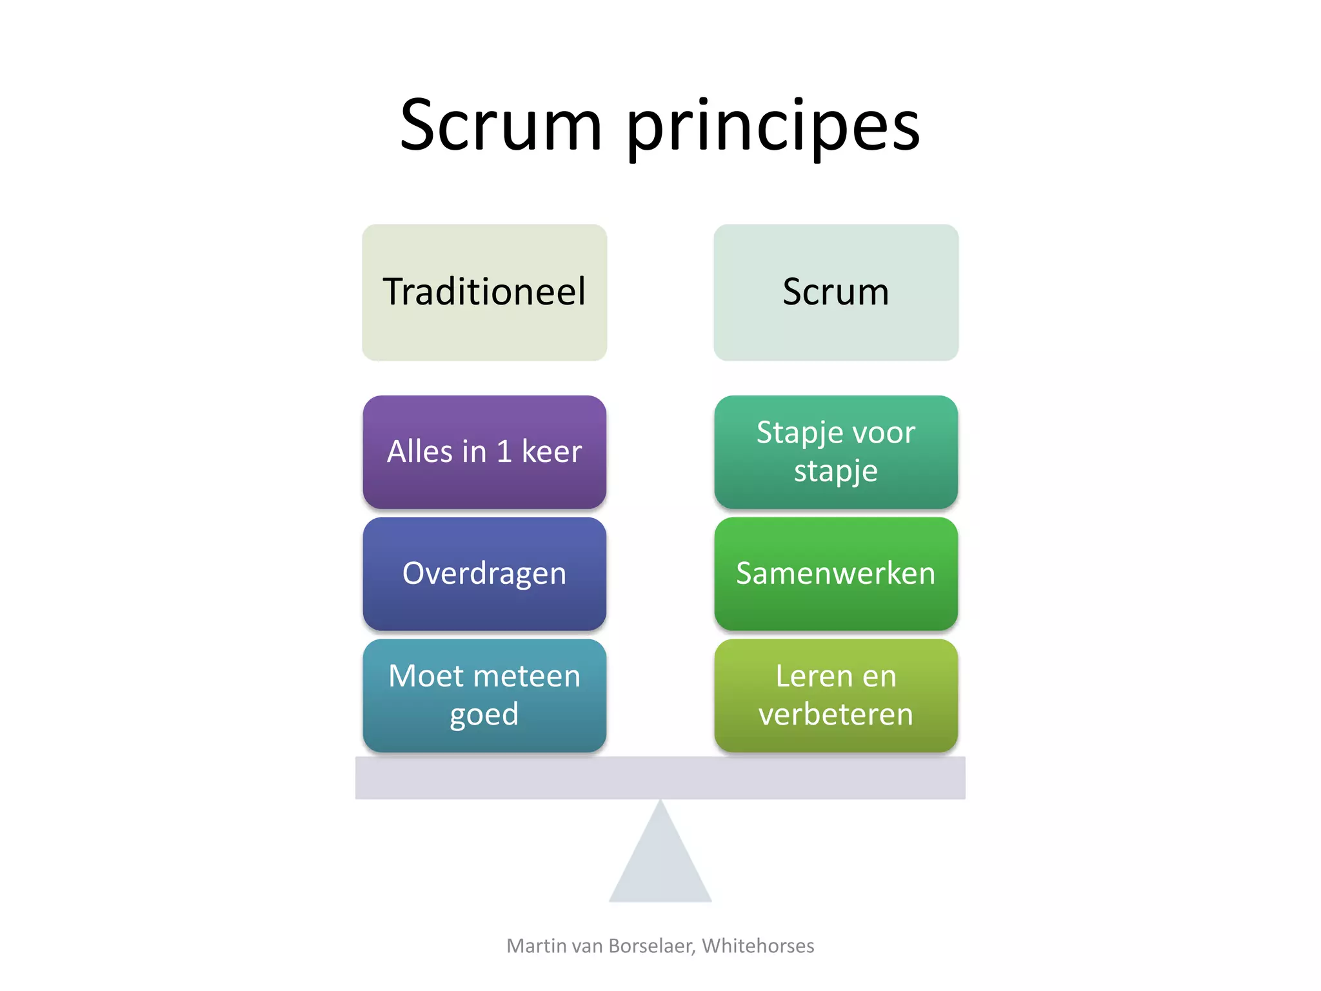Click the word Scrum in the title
[501, 126]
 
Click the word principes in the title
[773, 129]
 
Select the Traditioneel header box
[484, 292]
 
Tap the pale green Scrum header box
[836, 292]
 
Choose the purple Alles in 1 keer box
[484, 452]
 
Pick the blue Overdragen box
[484, 574]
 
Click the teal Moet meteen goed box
[484, 696]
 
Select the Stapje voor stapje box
[836, 452]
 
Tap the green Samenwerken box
[836, 574]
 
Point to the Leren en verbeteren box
[836, 696]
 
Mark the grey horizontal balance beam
[660, 778]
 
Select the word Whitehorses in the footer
[758, 946]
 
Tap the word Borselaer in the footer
[651, 946]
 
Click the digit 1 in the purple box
[504, 452]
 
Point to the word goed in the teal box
[484, 715]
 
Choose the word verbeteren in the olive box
[836, 715]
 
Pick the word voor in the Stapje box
[886, 433]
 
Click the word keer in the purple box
[551, 452]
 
